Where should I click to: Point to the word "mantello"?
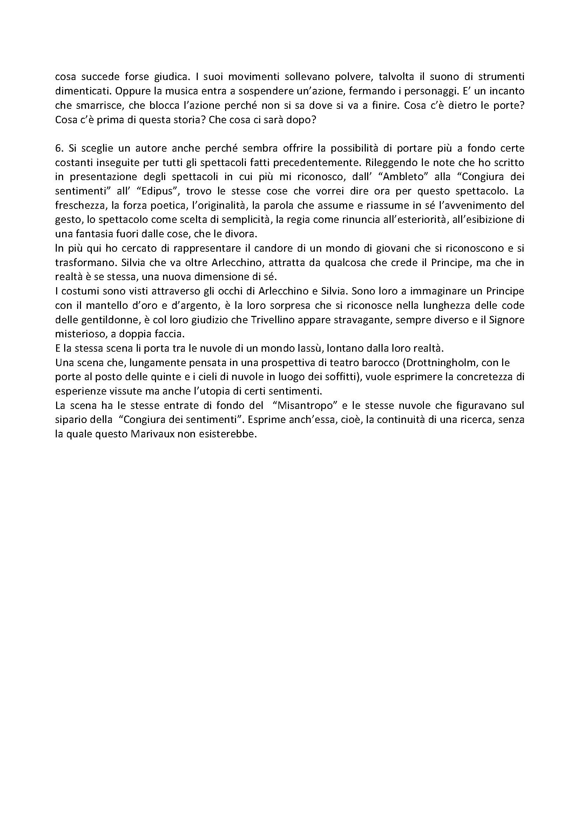click(94, 306)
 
